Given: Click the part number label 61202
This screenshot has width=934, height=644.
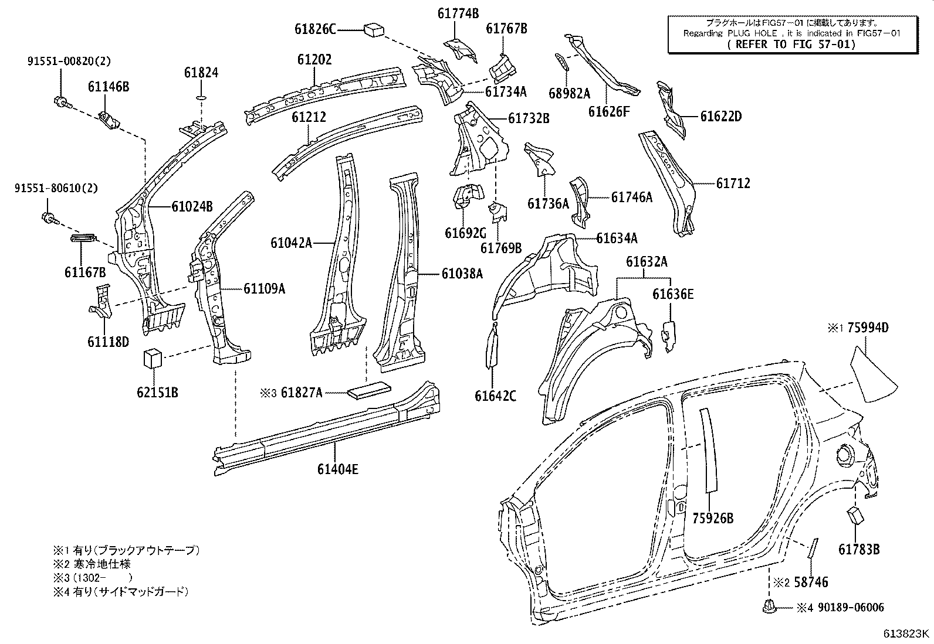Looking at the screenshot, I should [x=314, y=59].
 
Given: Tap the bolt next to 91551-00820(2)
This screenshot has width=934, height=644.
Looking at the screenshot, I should [x=60, y=103].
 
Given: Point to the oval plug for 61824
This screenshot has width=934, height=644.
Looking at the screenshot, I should [x=201, y=96].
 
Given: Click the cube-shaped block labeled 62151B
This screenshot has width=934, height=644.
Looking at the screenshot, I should [x=153, y=357].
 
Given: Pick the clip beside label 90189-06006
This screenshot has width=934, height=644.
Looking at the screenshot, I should [x=769, y=608].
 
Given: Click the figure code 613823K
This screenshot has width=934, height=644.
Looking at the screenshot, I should [x=907, y=633].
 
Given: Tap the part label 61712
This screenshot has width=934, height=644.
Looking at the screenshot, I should [x=733, y=183].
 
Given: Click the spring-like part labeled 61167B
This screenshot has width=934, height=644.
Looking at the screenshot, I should [x=83, y=237].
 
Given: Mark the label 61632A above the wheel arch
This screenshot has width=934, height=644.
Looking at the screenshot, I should [x=646, y=262].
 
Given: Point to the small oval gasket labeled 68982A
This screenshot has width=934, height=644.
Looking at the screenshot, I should [x=561, y=60].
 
